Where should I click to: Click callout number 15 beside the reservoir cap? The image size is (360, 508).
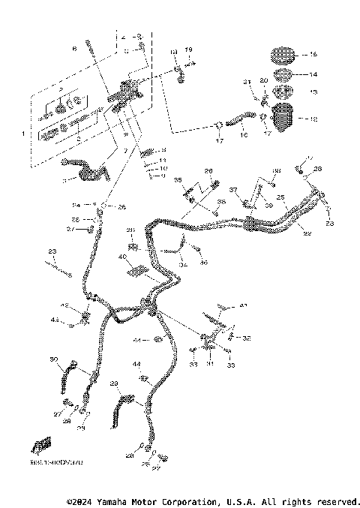click(313, 56)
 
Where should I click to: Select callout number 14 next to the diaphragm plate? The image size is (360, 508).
click(313, 75)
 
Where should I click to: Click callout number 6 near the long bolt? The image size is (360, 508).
click(73, 49)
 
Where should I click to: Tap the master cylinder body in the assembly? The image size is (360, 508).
click(127, 94)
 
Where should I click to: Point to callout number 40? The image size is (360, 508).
click(121, 257)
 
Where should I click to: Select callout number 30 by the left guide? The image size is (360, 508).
click(53, 360)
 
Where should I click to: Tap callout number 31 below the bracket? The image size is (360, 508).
click(211, 364)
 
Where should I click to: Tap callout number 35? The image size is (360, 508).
click(178, 181)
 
